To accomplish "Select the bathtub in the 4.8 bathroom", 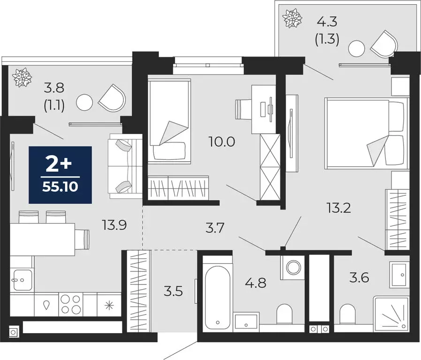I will coord(218,293).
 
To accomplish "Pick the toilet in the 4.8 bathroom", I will coord(284,314).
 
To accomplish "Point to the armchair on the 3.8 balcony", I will coord(113,98).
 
